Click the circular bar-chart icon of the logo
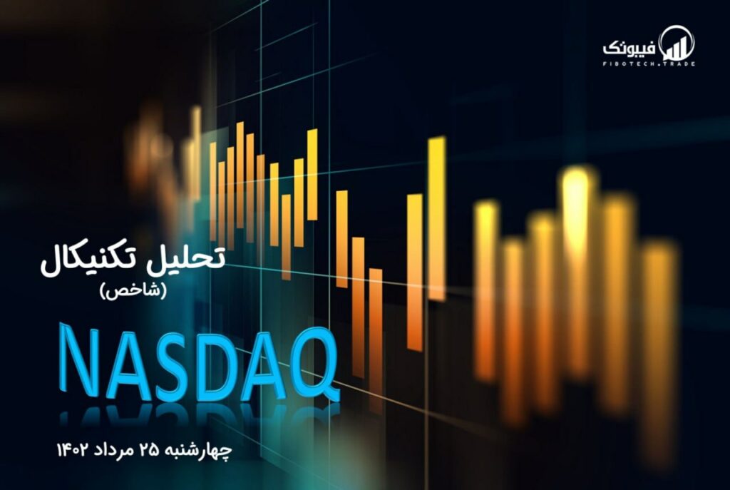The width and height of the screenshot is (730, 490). pos(677,44)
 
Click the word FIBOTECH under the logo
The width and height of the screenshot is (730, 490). pos(629,63)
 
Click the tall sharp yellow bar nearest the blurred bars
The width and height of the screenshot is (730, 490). pos(437,219)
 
